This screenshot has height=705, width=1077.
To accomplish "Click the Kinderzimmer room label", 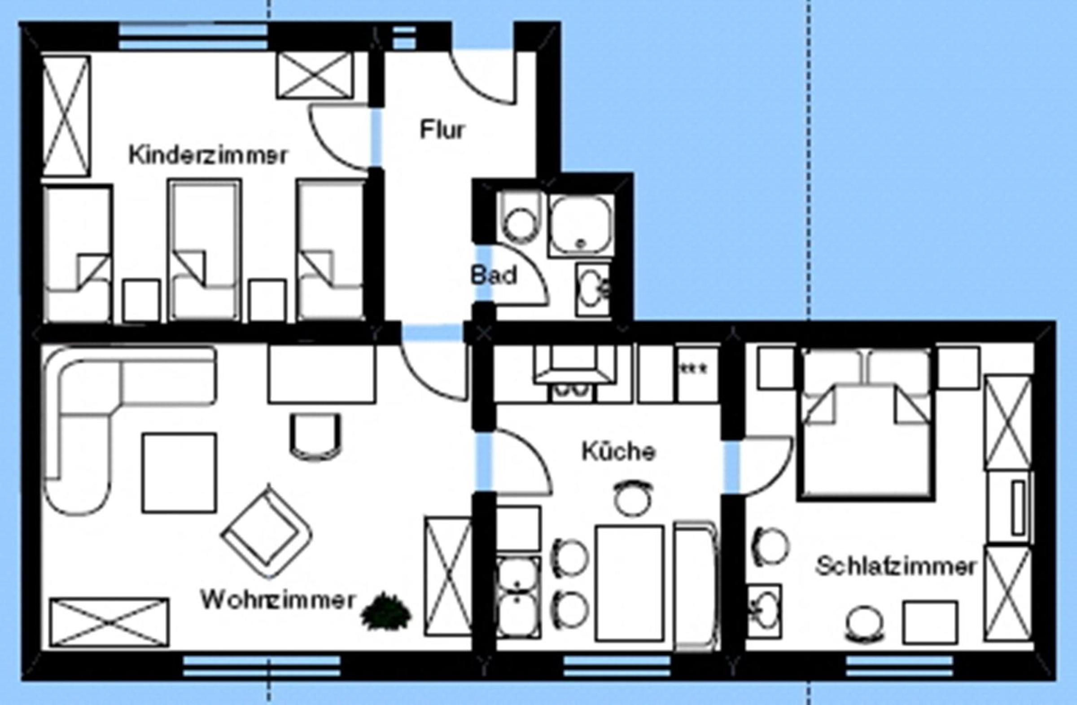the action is (x=208, y=155).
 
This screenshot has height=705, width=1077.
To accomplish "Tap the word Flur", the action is (x=442, y=130).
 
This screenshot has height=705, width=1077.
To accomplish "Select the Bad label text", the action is (x=494, y=275).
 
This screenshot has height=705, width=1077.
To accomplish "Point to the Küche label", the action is (x=618, y=451).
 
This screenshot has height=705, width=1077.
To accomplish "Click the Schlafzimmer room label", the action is (x=896, y=566).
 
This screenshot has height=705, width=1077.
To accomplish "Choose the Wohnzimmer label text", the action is (x=277, y=600).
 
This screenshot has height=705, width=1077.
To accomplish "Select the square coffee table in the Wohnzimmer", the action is (x=179, y=473).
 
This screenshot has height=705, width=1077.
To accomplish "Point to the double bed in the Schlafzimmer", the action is (x=867, y=424).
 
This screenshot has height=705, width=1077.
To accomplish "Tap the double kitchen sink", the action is (x=518, y=597).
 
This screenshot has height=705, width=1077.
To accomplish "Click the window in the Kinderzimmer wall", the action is (x=193, y=37).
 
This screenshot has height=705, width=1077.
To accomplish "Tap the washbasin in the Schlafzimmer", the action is (x=763, y=611).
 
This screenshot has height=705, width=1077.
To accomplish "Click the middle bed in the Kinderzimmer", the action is (x=205, y=250).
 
